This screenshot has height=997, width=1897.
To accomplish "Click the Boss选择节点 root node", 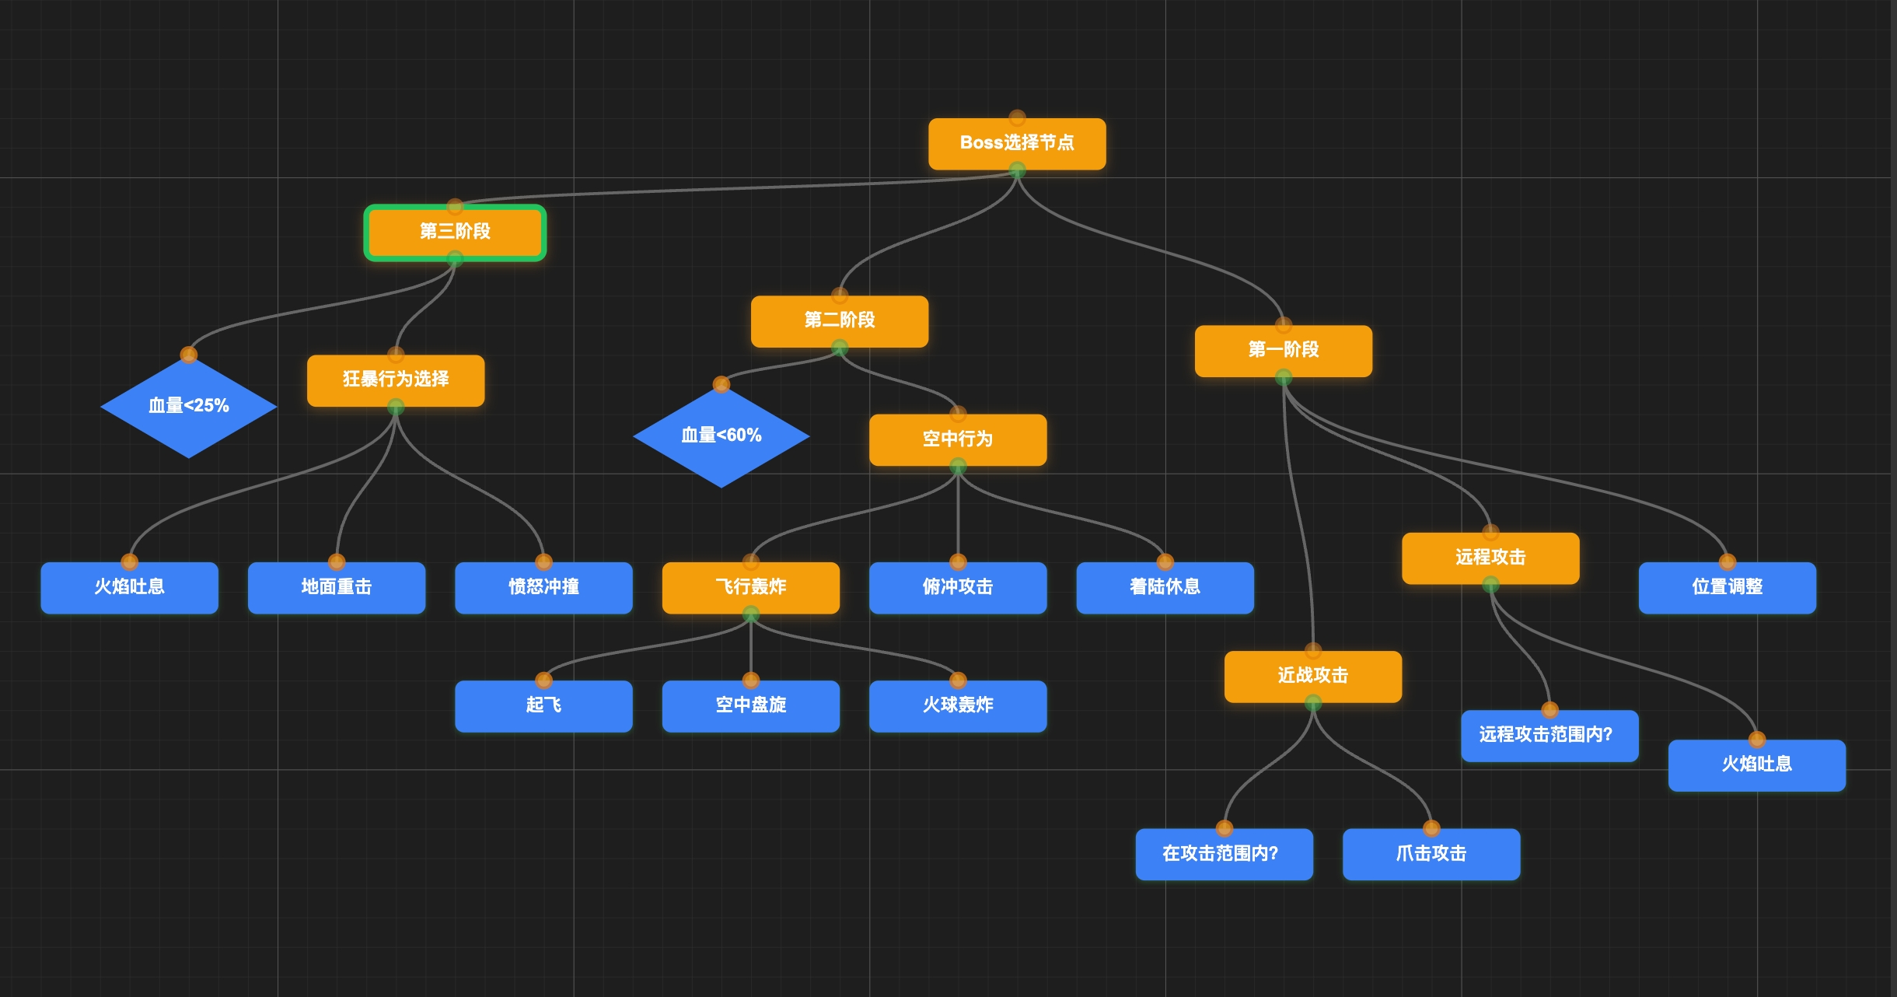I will coord(1017,144).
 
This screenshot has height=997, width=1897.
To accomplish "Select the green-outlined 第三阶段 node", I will coord(455,233).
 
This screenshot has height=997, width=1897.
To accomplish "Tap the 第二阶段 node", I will coord(840,321).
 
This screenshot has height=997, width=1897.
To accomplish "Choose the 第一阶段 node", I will coord(1284,351).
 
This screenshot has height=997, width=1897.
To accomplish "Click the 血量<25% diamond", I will coord(189,406).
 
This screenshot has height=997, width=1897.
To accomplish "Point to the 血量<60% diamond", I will coord(721,436).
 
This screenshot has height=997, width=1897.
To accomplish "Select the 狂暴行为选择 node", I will coord(396,380).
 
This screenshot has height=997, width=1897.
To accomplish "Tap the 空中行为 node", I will coord(958,440).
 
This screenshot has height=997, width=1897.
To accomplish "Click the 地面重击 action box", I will coord(337,588).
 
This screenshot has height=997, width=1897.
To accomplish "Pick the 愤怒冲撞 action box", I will coord(543,588).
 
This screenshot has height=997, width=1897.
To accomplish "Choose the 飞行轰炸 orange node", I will coord(751,588).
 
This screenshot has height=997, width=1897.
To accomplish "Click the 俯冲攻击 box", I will coord(958,588).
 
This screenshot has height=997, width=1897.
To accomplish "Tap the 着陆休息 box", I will coord(1165,588).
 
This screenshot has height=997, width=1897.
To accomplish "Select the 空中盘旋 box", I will coord(751,706).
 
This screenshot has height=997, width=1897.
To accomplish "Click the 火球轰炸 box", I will coord(958,706).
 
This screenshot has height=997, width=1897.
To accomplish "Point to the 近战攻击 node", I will coord(1313,677).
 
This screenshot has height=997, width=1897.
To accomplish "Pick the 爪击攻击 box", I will coord(1431,854).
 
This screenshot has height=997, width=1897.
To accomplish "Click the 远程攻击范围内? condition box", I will coord(1549,736).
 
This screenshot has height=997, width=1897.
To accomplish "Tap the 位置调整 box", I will coord(1728,588).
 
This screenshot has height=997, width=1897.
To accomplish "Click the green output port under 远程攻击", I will coord(1490,583).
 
